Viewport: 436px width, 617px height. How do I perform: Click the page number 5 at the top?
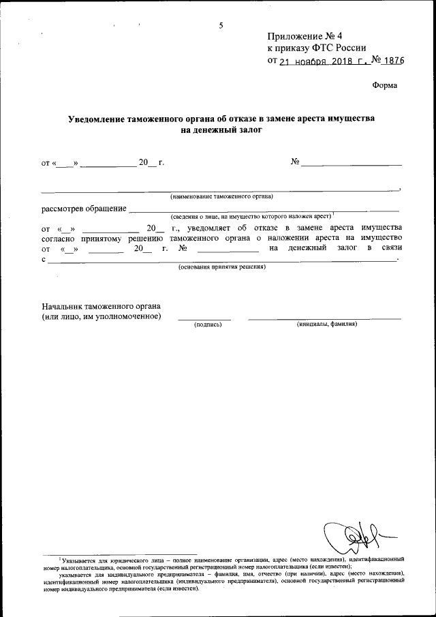(221, 25)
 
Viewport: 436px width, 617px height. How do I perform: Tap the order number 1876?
(394, 60)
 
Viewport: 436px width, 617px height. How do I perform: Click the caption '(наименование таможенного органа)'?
(221, 196)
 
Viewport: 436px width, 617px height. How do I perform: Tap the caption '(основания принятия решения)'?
(221, 267)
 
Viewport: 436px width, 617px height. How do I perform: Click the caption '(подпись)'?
(208, 325)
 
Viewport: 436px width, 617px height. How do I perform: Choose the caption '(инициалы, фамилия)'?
(327, 324)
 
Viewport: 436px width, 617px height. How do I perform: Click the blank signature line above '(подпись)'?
(204, 318)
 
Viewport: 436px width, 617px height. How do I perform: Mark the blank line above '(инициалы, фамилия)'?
(324, 318)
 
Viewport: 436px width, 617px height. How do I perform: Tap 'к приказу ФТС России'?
(317, 48)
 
